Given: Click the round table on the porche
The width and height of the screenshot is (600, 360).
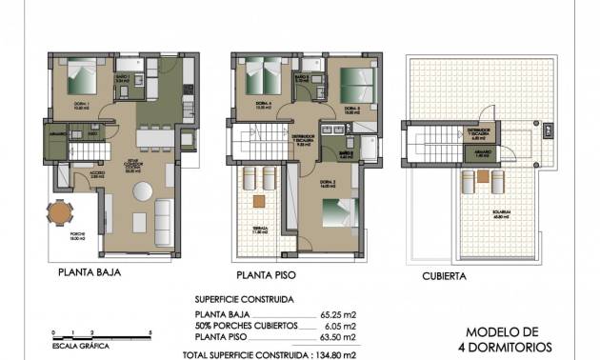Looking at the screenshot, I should pyautogui.click(x=60, y=215).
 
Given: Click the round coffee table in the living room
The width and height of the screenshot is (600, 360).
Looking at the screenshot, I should pyautogui.click(x=142, y=190).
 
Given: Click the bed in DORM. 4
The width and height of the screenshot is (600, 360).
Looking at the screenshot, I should pyautogui.click(x=260, y=76).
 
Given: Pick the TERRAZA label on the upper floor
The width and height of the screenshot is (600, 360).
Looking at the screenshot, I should pyautogui.click(x=257, y=230).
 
